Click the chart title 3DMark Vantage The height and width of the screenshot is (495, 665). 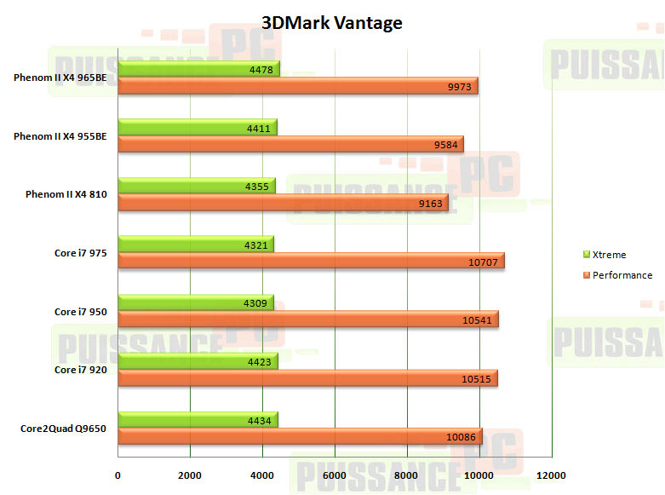[332, 23]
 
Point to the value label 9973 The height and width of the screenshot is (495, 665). [459, 87]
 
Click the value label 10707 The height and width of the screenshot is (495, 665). [484, 262]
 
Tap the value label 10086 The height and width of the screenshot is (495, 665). [462, 437]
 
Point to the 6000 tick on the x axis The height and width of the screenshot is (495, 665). [335, 475]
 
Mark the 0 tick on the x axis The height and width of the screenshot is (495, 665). [118, 475]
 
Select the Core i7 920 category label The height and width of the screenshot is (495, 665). [80, 370]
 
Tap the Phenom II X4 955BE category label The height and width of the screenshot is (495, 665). [60, 136]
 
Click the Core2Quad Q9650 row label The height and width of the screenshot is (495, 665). [63, 429]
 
